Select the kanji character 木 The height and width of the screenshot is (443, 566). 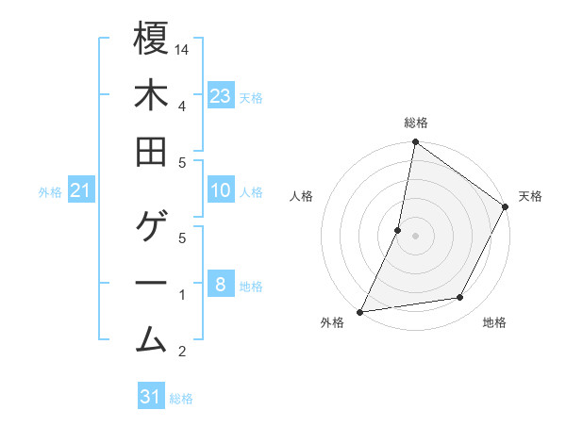click(151, 96)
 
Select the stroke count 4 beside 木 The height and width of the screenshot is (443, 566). click(182, 105)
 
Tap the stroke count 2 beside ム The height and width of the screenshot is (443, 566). click(182, 353)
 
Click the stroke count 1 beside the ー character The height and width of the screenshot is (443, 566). click(182, 295)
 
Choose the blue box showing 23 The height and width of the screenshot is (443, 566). click(221, 95)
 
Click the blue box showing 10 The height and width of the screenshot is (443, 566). click(221, 190)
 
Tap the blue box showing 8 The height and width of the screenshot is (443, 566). click(221, 284)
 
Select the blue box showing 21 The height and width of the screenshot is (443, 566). click(81, 191)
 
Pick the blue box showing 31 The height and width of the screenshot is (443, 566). click(151, 397)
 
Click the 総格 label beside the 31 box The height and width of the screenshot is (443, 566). click(181, 399)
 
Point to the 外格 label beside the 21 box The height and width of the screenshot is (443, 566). click(50, 192)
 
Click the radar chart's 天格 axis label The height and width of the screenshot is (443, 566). click(530, 196)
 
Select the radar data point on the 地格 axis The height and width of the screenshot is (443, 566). click(460, 298)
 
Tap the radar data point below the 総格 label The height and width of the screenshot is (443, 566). click(414, 143)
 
